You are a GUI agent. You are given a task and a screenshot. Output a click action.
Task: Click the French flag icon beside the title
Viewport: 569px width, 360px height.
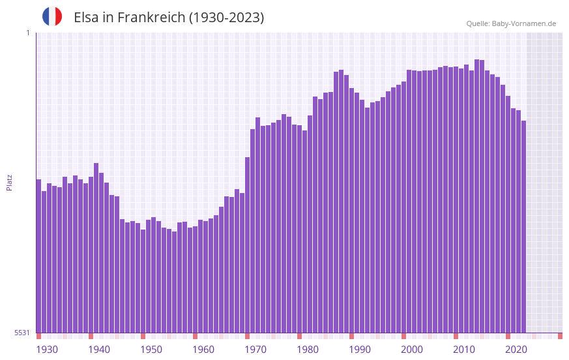click(52, 16)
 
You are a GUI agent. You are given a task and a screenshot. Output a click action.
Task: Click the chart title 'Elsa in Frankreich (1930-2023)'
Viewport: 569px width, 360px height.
click(169, 18)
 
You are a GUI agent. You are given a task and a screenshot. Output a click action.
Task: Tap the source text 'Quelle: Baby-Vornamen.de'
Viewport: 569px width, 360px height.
click(511, 23)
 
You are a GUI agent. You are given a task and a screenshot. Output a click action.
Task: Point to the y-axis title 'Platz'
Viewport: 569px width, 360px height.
click(9, 182)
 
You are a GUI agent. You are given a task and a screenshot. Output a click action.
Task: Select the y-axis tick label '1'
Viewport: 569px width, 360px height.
click(27, 33)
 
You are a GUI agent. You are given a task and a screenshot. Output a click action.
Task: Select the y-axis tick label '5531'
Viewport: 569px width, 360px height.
click(22, 333)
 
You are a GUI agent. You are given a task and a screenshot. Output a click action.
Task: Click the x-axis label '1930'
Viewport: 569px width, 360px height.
click(47, 350)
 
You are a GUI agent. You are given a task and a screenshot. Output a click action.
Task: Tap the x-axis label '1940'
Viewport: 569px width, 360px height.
click(99, 350)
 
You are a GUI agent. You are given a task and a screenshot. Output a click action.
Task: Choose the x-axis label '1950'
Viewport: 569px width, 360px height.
click(151, 350)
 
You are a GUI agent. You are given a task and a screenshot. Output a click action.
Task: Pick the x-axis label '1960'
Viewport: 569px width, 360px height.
click(203, 350)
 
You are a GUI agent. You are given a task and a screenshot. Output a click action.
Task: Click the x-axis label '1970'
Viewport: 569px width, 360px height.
click(255, 350)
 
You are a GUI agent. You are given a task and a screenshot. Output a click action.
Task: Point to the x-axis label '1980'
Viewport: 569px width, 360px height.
click(308, 350)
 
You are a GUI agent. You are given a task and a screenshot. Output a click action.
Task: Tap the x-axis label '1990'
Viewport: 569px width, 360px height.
click(360, 350)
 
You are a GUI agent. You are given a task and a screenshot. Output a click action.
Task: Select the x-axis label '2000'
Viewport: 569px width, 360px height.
click(412, 350)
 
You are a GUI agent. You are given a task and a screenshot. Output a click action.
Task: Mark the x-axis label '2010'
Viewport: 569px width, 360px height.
click(464, 350)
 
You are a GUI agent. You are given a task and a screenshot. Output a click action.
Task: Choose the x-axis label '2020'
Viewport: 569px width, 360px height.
click(516, 350)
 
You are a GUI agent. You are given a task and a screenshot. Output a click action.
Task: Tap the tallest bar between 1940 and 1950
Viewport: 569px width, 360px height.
click(96, 248)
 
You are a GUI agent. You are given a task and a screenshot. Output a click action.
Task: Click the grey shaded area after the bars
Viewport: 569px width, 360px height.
click(544, 182)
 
